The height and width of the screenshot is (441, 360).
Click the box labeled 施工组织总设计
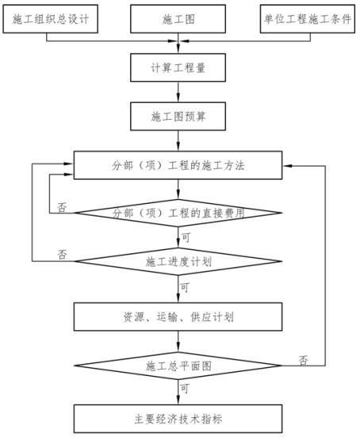(50, 19)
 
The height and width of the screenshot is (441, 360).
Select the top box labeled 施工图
(178, 19)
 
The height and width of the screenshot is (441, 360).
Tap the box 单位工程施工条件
(308, 19)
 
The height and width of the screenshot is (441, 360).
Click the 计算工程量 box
(178, 67)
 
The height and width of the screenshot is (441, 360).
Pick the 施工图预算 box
(178, 116)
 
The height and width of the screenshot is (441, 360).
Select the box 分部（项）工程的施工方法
(178, 165)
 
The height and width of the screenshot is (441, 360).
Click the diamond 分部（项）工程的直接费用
(178, 213)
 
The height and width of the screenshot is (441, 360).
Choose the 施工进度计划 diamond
(178, 262)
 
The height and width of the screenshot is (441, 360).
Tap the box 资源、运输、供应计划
(178, 316)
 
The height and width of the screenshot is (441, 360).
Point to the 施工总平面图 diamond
(178, 366)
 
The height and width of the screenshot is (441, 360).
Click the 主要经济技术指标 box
(178, 419)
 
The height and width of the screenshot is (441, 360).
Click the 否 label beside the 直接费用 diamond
(62, 207)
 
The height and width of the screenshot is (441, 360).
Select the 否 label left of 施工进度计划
(62, 255)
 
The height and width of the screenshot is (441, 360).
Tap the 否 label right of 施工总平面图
(303, 360)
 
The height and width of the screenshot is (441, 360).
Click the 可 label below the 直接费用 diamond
(186, 238)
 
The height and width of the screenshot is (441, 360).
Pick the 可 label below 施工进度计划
(185, 287)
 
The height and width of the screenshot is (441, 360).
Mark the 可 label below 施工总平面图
(185, 389)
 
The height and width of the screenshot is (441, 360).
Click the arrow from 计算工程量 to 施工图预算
(178, 92)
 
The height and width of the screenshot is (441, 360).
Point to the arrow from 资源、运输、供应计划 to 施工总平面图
(178, 341)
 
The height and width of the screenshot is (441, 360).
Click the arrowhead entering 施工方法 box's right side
(287, 166)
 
